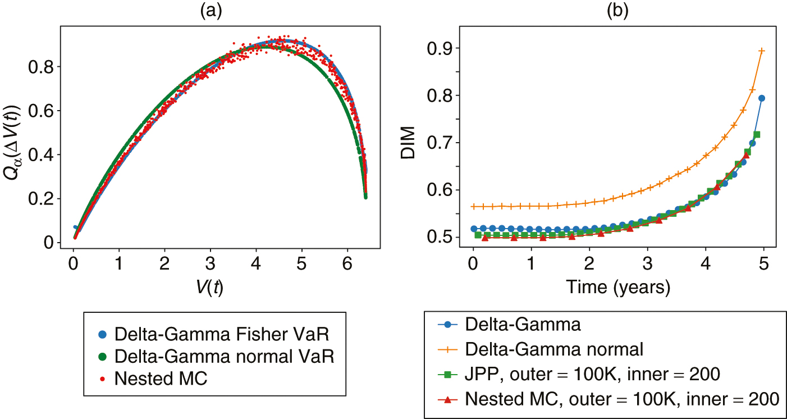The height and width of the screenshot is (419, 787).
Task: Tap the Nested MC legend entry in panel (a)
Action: click(161, 379)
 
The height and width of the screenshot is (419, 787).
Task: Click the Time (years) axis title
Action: click(617, 288)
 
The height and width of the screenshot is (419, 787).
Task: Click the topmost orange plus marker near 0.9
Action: click(762, 51)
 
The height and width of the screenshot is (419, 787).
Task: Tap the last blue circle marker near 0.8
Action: click(762, 98)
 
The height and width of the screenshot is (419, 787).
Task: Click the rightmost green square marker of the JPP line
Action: click(757, 135)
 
